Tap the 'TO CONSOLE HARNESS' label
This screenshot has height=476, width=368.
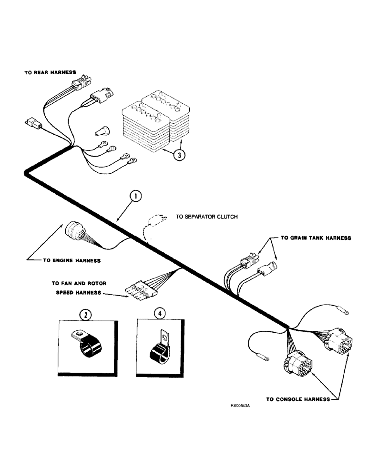(x=297, y=400)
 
